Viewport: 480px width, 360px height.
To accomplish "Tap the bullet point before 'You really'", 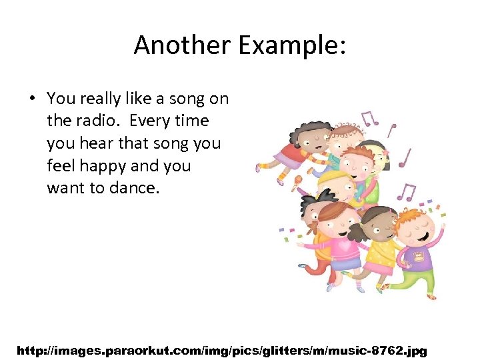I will coord(31,99).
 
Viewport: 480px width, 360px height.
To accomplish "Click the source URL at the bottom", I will coord(221,349).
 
